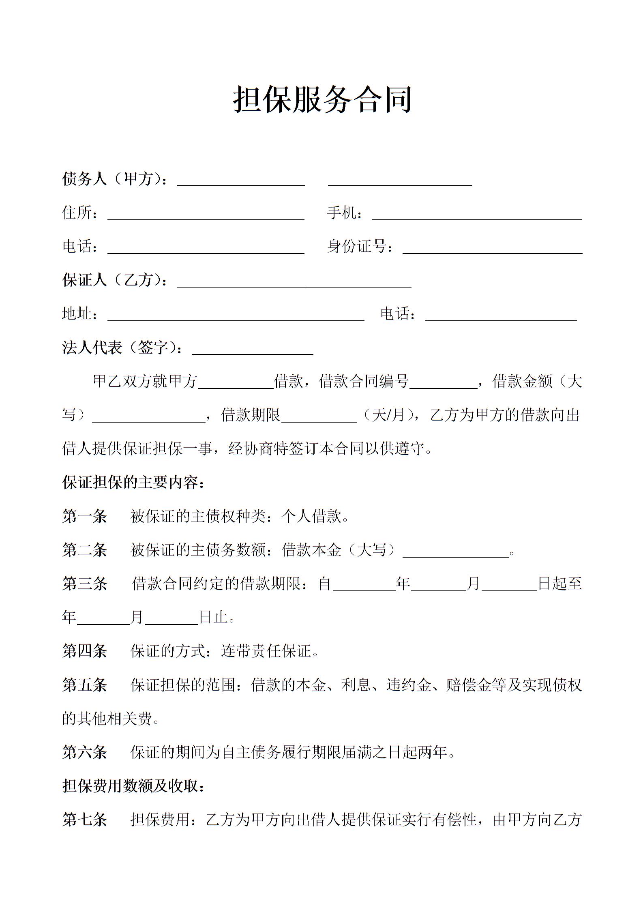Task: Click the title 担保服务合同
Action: [322, 99]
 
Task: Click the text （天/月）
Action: [389, 415]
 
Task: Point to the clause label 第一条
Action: [84, 517]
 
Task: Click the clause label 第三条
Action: [84, 584]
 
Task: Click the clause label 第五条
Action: [84, 685]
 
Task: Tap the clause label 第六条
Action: [84, 753]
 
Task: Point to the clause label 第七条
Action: [84, 820]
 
